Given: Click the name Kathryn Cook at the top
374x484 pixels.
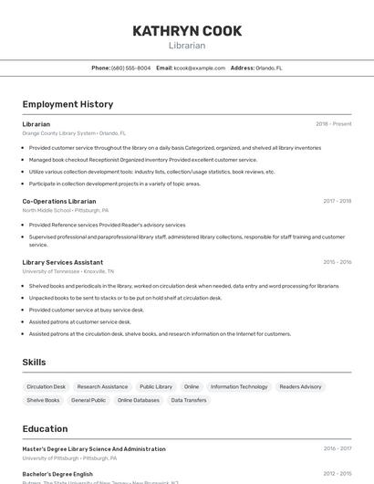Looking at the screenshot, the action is point(187,31).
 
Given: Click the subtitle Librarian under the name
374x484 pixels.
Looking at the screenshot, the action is point(187,46).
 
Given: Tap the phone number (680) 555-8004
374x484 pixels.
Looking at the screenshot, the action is point(130,68).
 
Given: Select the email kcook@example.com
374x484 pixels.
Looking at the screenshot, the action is point(199,68).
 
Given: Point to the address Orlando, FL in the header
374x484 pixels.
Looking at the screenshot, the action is point(268,68).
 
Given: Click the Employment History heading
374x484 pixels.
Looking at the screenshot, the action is point(68,104).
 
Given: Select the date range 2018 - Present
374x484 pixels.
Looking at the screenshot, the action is point(333,124).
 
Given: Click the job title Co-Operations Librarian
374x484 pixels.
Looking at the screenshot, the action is point(59,201).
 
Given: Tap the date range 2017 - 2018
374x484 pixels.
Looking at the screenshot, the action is point(337,201).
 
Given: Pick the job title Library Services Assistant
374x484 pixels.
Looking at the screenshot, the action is point(63,262).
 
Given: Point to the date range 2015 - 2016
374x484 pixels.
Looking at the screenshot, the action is point(337,262).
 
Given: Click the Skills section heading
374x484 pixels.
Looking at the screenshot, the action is point(34,363).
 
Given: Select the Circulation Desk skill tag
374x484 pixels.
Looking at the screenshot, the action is point(47,386).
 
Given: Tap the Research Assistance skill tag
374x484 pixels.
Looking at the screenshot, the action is point(102,386).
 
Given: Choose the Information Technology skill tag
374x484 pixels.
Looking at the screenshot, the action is point(239,386).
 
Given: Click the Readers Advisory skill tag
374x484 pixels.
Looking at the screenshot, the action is point(300,386).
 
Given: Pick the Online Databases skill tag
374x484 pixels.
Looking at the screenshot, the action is point(139,400).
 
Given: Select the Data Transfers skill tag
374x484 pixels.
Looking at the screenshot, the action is point(189,400).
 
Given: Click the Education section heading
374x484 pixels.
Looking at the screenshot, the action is point(45,428).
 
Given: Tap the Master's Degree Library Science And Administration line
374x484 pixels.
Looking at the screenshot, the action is point(94,449).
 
